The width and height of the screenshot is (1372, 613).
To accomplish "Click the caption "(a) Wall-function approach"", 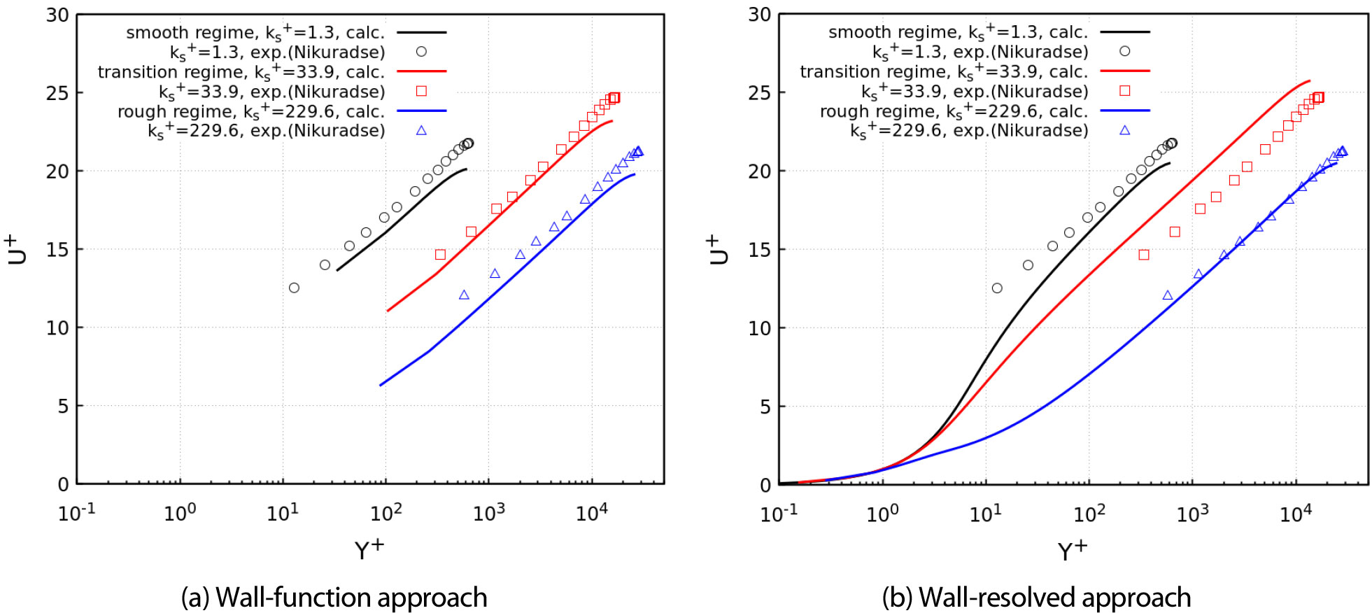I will pyautogui.click(x=334, y=598).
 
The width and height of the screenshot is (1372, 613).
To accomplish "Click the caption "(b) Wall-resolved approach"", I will pyautogui.click(x=1036, y=598).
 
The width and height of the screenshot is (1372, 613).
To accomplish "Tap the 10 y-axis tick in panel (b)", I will pyautogui.click(x=760, y=328).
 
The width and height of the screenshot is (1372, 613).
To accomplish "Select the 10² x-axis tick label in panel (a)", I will pyautogui.click(x=386, y=513).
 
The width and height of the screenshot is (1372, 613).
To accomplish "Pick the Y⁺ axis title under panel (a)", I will pyautogui.click(x=369, y=549).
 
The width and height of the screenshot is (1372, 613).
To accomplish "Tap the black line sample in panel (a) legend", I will pyautogui.click(x=421, y=32).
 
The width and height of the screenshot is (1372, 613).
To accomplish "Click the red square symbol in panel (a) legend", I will pyautogui.click(x=421, y=91).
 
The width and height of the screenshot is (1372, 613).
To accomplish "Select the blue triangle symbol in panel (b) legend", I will pyautogui.click(x=1124, y=130).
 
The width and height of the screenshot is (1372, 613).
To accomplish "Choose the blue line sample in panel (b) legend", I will pyautogui.click(x=1124, y=111).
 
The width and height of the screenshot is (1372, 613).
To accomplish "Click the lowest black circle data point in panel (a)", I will pyautogui.click(x=294, y=288).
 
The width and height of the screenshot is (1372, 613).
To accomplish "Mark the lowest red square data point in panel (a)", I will pyautogui.click(x=440, y=255).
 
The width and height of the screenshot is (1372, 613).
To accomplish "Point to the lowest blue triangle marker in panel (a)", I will pyautogui.click(x=464, y=295).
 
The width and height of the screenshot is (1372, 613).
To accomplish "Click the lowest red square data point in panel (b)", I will pyautogui.click(x=1144, y=255).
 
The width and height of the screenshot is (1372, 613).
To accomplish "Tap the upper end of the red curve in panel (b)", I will pyautogui.click(x=1309, y=80).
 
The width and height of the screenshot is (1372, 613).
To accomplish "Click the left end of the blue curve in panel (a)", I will pyautogui.click(x=381, y=385).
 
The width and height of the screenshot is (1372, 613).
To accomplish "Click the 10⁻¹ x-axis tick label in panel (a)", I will pyautogui.click(x=76, y=513).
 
